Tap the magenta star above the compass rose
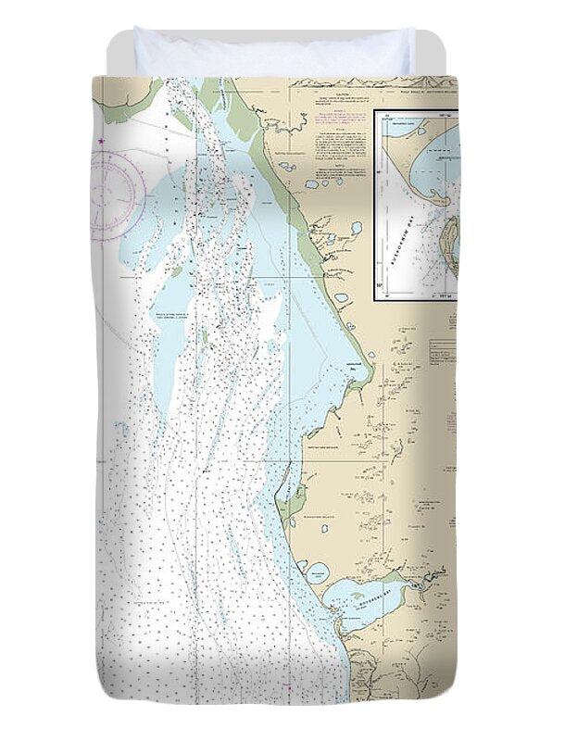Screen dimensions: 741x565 click(x=100, y=141)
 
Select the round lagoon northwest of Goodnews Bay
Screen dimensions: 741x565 click(x=317, y=571)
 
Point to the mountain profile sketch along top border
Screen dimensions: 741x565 click(x=352, y=82)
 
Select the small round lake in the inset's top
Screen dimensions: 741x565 click(x=400, y=131)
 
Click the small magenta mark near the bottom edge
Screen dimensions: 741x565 click(x=290, y=689)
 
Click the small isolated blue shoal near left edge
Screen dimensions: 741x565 click(x=121, y=429)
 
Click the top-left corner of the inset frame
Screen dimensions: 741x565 click(x=374, y=111)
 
